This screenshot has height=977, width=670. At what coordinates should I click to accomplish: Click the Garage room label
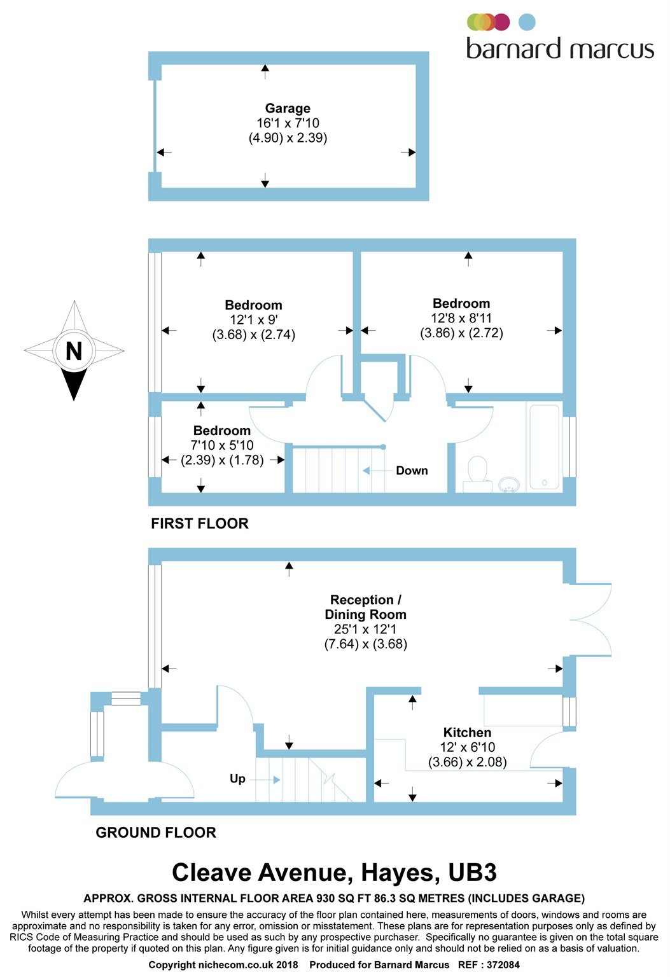click(288, 108)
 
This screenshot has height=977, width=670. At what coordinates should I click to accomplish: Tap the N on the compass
click(74, 351)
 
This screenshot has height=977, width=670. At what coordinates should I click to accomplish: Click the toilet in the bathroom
click(477, 475)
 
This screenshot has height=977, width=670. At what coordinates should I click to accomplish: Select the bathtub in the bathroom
click(545, 447)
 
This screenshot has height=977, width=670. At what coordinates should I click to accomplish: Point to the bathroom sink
click(508, 485)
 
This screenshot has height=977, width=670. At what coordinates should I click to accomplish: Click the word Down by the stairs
click(412, 471)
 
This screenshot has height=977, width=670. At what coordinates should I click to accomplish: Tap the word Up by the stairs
click(237, 779)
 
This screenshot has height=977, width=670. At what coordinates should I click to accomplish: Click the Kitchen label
click(467, 732)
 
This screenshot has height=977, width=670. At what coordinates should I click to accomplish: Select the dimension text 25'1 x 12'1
click(365, 629)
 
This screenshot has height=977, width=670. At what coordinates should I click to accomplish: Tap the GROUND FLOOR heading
click(156, 833)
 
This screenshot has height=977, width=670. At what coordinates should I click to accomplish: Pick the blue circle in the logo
click(527, 22)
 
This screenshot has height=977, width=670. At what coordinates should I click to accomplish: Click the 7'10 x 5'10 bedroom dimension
click(222, 445)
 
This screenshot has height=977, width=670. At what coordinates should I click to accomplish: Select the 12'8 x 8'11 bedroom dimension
click(461, 318)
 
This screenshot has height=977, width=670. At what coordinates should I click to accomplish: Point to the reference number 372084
click(503, 965)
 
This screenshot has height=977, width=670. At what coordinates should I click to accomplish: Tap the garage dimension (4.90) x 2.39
click(288, 138)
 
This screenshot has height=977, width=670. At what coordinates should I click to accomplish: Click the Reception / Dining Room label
click(365, 607)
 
